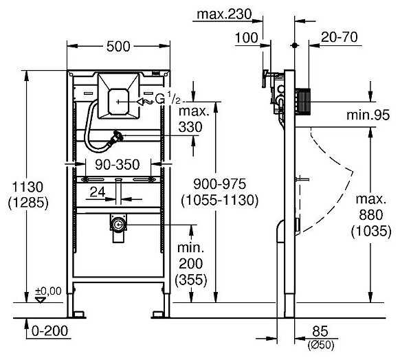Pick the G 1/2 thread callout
point(165,100)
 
